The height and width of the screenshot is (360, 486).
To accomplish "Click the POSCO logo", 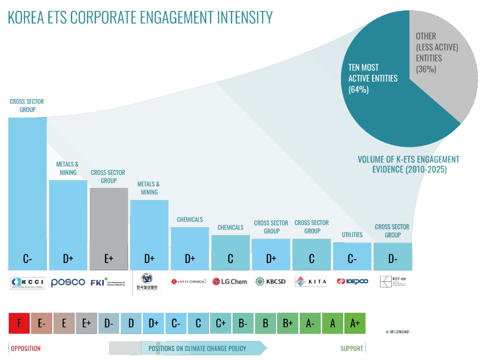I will click(68, 282).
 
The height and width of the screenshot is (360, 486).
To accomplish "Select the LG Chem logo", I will click(230, 282).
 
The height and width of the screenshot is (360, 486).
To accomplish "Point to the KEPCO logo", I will click(352, 281).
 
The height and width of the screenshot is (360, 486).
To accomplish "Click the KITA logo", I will click(311, 282).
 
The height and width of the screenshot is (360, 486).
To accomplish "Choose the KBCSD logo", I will click(271, 281).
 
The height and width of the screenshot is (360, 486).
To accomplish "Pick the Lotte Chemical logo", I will click(189, 281).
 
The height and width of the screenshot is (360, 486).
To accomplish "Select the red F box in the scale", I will click(19, 323).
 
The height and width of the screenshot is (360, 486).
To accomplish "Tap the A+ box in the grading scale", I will click(355, 323).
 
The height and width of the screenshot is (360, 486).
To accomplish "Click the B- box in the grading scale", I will click(243, 323).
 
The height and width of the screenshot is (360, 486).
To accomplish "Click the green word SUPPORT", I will click(351, 349).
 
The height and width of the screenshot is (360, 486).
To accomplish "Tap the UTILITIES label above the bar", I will click(352, 235).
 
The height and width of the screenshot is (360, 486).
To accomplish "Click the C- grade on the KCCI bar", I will click(28, 259).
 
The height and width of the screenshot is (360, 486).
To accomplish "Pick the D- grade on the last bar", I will click(393, 259).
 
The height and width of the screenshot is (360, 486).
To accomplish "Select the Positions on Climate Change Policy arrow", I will click(187, 349).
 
